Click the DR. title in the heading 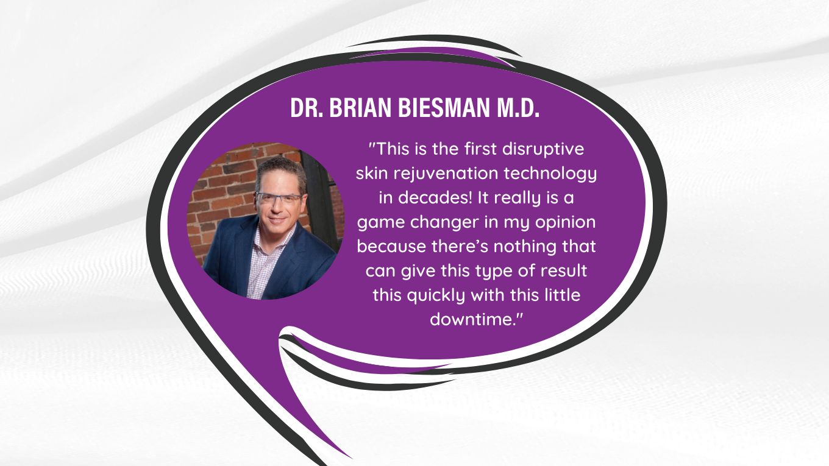pos(307,108)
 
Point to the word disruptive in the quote pos(543,149)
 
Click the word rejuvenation pos(446,174)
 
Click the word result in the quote pos(564,270)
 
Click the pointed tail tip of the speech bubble pos(352,458)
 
